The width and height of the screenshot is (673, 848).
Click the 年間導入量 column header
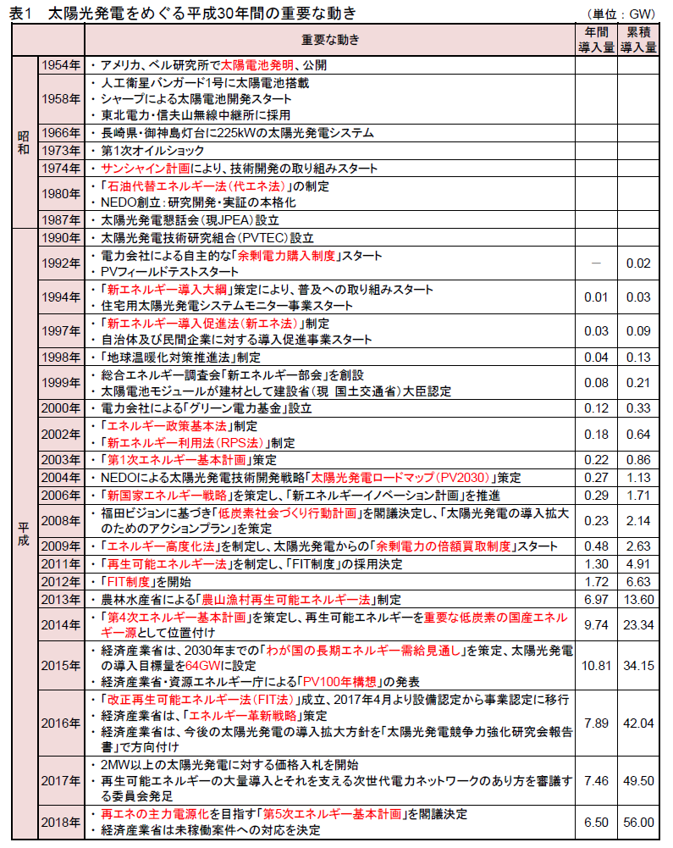point(595,40)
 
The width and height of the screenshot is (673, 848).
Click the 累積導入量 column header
point(637,40)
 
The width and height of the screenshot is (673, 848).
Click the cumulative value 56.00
point(637,822)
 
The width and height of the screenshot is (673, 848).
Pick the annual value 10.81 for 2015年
point(595,666)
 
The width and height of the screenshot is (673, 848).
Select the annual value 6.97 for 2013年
point(595,599)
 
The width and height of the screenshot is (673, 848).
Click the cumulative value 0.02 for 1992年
point(637,263)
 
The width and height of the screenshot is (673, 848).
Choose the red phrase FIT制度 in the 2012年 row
point(127,581)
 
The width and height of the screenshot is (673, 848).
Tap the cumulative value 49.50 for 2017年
point(637,780)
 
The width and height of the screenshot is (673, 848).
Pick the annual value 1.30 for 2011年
point(595,564)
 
